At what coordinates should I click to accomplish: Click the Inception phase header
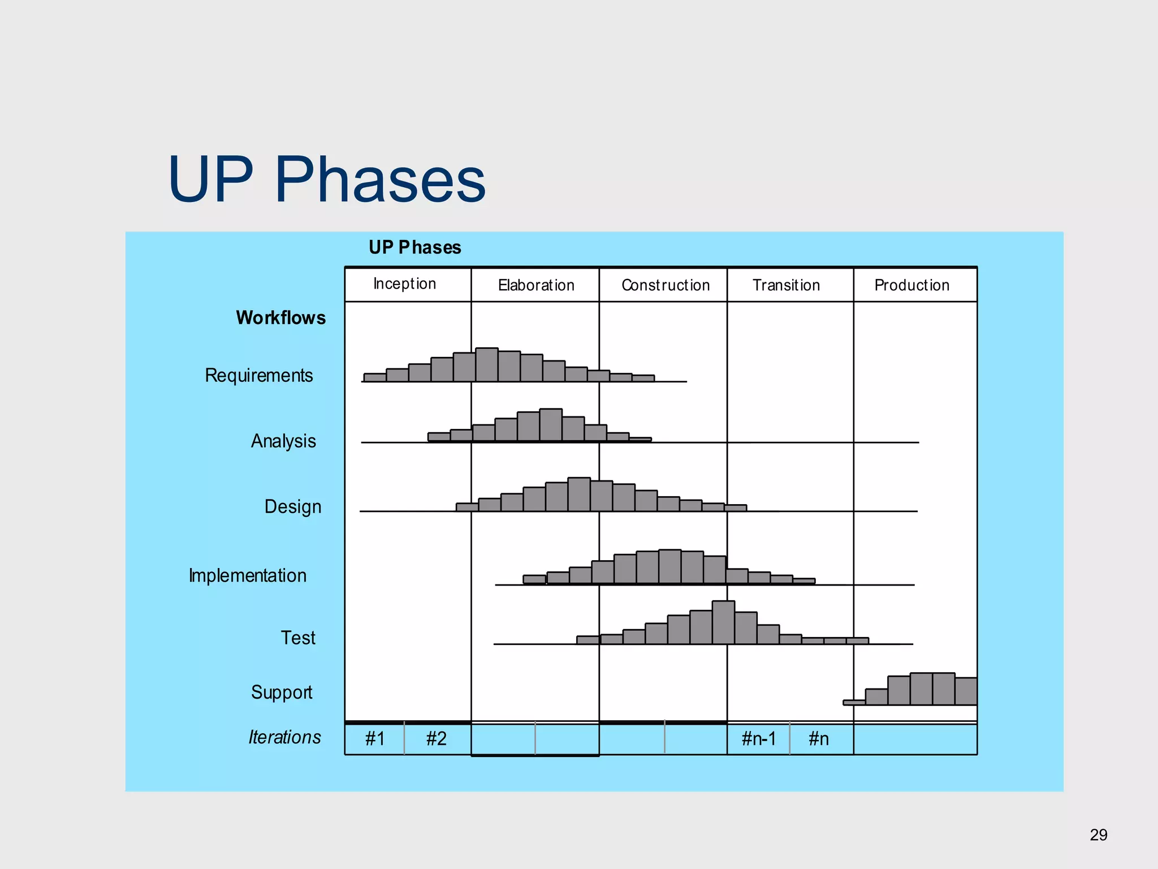pyautogui.click(x=405, y=284)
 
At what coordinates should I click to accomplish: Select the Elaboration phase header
pyautogui.click(x=535, y=285)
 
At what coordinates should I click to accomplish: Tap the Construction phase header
pyautogui.click(x=665, y=285)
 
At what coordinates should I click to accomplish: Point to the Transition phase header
pyautogui.click(x=786, y=285)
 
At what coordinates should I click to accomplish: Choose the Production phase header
pyautogui.click(x=911, y=285)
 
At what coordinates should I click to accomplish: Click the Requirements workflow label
pyautogui.click(x=258, y=376)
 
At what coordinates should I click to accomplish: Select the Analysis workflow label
pyautogui.click(x=283, y=441)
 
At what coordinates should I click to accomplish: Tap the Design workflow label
pyautogui.click(x=292, y=507)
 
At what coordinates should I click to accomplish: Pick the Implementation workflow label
pyautogui.click(x=248, y=576)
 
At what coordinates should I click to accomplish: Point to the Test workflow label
pyautogui.click(x=298, y=638)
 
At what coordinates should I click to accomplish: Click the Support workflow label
pyautogui.click(x=282, y=692)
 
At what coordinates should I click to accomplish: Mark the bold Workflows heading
pyautogui.click(x=280, y=318)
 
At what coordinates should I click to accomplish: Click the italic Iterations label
pyautogui.click(x=284, y=737)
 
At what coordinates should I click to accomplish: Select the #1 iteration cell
pyautogui.click(x=375, y=739)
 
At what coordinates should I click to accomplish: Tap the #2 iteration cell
pyautogui.click(x=437, y=739)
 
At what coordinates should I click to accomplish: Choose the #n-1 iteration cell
pyautogui.click(x=758, y=739)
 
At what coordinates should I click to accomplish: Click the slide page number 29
pyautogui.click(x=1098, y=835)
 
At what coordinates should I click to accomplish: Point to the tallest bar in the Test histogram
pyautogui.click(x=723, y=622)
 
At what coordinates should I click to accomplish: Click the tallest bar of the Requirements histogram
pyautogui.click(x=487, y=365)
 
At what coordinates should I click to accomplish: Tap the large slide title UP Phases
pyautogui.click(x=327, y=179)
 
